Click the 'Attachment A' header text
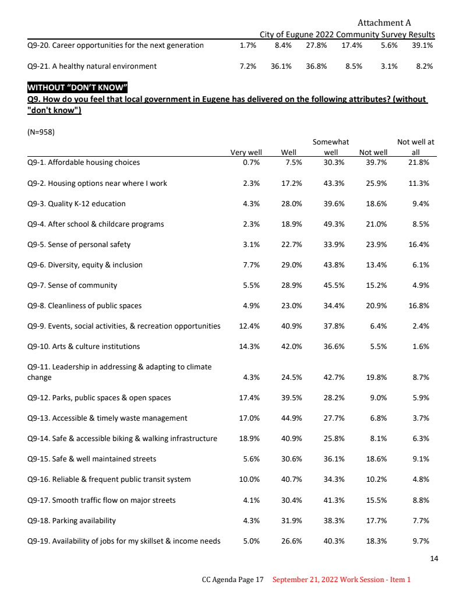coord(384,23)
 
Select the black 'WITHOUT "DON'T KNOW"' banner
coord(77,88)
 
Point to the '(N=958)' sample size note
coord(41,132)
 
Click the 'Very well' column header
coord(246,153)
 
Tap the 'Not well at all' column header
coord(415,147)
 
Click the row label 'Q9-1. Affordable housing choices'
coord(83,163)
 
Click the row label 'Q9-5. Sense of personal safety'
coord(79,244)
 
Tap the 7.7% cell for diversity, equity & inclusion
coord(251,265)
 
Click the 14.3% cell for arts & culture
coord(249,346)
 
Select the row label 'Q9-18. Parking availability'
coord(72,520)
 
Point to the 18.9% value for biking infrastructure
coord(249,438)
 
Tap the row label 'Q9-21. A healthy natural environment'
coord(92,66)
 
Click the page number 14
coord(433,559)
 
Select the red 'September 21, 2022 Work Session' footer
coord(341,580)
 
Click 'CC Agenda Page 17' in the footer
coord(233,580)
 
